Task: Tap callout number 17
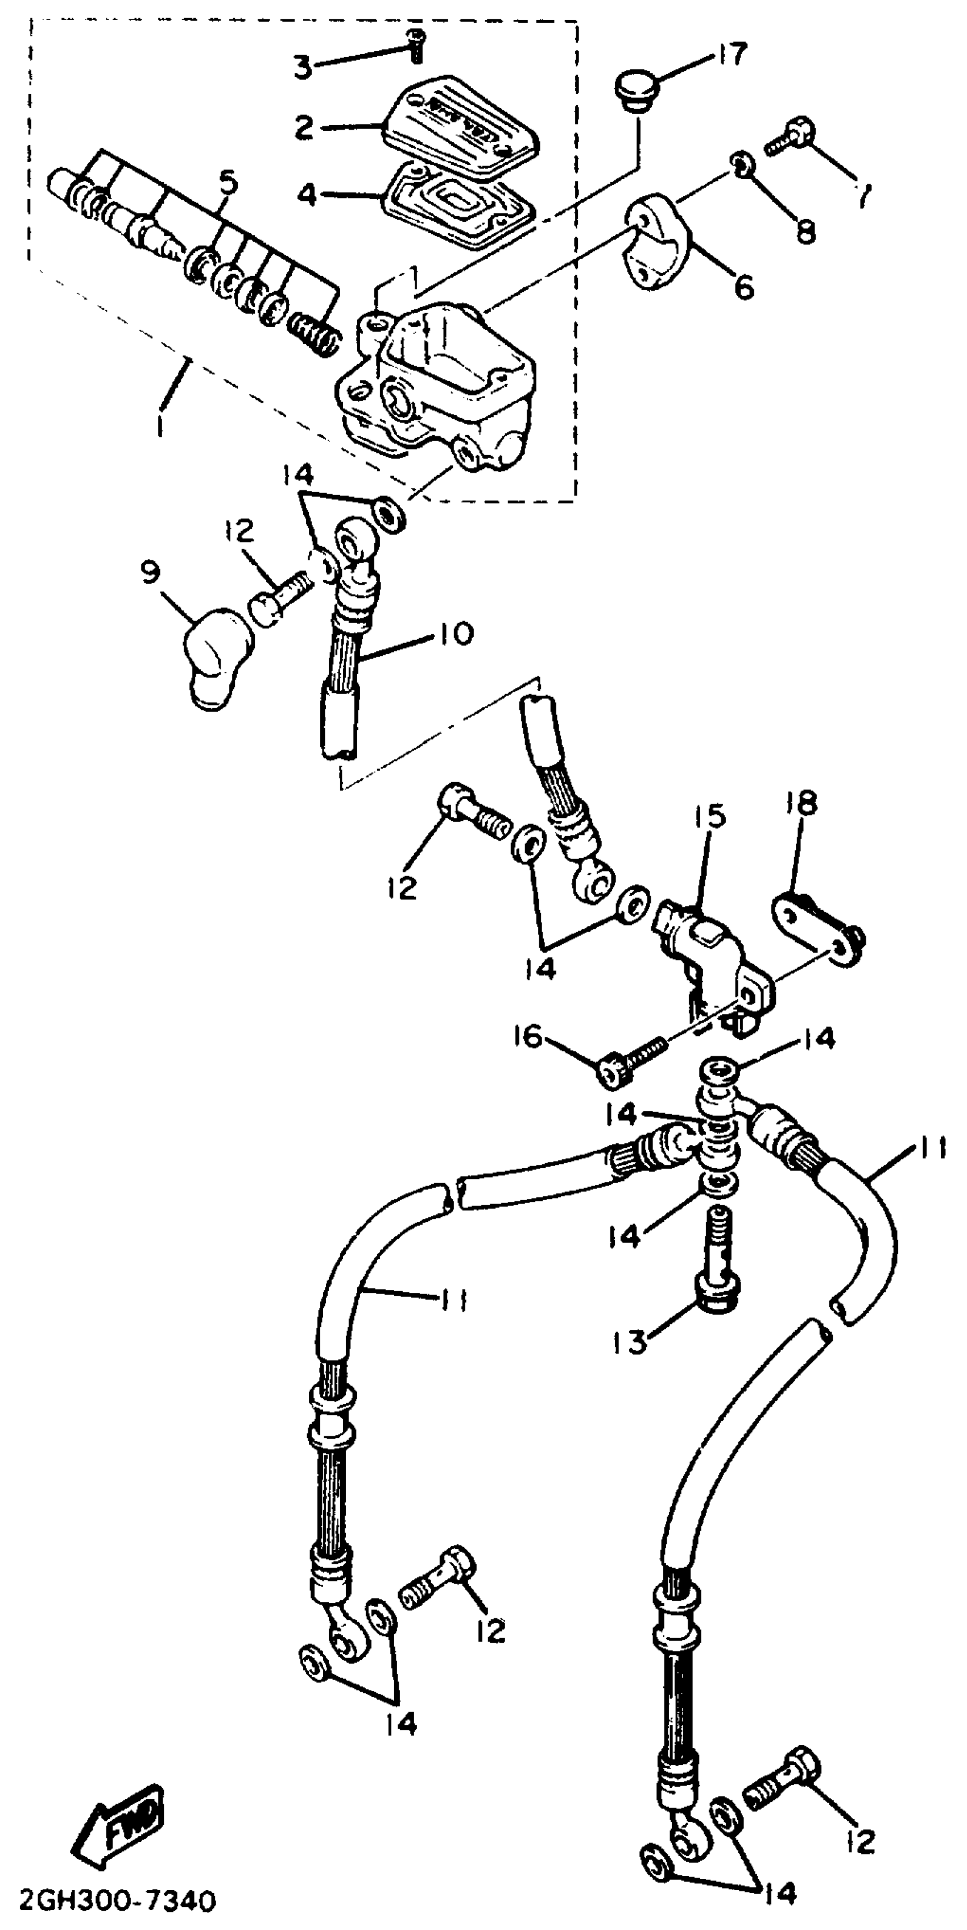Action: [x=731, y=55]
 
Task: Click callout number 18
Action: [x=801, y=803]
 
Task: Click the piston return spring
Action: [x=315, y=335]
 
